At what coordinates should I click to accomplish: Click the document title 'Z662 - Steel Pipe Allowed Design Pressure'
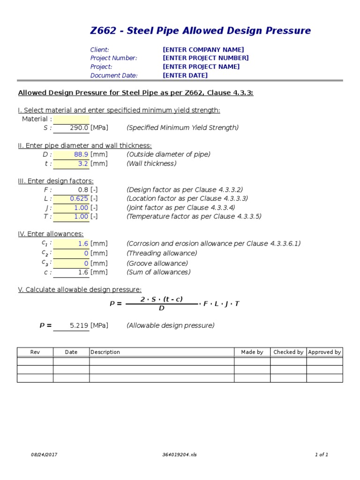(x=200, y=31)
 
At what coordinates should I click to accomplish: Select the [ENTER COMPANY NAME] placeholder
(x=203, y=50)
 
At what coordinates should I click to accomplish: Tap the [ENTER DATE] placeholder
(x=185, y=75)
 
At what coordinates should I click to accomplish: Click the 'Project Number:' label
(x=113, y=58)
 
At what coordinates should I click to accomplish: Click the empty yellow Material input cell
(x=71, y=119)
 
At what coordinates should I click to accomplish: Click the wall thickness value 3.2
(x=83, y=164)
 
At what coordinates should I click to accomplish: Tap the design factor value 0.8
(x=83, y=190)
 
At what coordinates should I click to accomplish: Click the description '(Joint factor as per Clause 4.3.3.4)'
(x=180, y=208)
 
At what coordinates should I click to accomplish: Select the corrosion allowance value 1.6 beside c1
(x=83, y=244)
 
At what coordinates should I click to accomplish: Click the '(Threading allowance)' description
(x=161, y=253)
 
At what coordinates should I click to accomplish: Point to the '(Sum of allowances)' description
(x=158, y=272)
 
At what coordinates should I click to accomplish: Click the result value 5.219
(x=79, y=326)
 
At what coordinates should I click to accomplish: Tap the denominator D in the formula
(x=161, y=308)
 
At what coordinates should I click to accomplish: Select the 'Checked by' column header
(x=288, y=352)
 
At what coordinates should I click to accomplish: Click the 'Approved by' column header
(x=324, y=352)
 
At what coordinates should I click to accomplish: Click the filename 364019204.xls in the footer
(x=180, y=455)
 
